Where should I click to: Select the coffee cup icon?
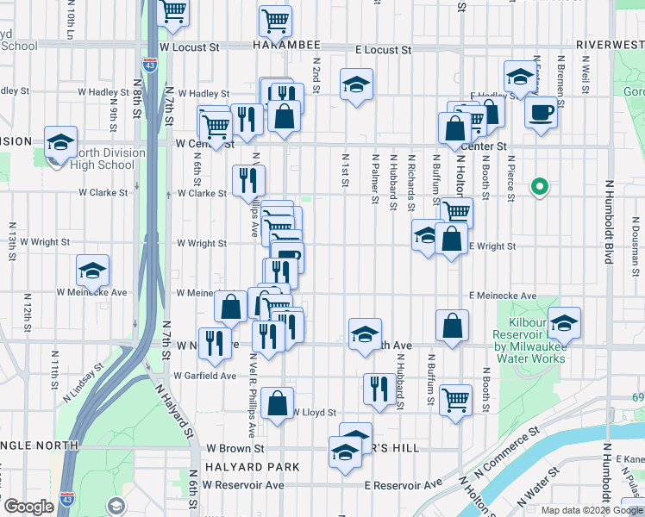541,113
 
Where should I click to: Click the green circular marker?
540,186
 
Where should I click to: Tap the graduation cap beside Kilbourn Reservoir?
564,324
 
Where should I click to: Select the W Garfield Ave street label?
204,376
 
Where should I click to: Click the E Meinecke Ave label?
503,296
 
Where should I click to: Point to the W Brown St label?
235,449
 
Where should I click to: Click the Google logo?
28,507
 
